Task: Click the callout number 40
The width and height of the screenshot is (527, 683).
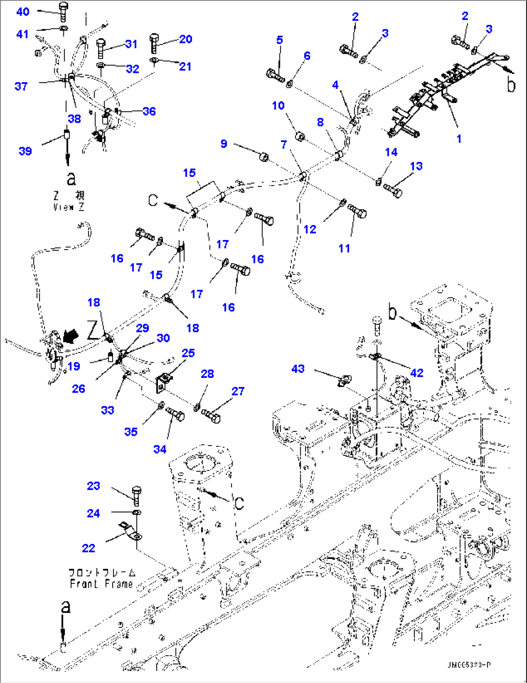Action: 23,12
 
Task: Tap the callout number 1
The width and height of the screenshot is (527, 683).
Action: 459,139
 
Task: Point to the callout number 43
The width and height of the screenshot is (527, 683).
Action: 298,369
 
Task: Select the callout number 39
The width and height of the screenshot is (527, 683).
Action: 25,151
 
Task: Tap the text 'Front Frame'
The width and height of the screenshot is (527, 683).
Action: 101,583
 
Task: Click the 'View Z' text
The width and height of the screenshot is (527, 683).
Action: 68,207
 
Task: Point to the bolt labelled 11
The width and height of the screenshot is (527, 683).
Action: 357,211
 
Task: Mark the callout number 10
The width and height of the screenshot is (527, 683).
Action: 278,105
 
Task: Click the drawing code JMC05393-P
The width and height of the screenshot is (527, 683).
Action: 468,665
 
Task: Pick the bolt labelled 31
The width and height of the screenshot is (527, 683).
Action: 101,47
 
